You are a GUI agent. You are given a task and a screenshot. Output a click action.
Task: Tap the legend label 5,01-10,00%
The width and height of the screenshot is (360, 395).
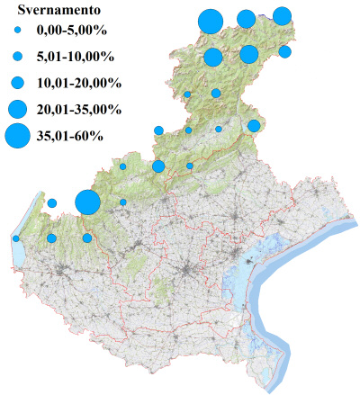(75, 58)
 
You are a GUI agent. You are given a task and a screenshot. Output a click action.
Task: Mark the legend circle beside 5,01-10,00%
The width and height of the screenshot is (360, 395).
(17, 58)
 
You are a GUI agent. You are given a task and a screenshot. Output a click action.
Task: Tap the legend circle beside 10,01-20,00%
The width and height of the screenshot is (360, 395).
(17, 83)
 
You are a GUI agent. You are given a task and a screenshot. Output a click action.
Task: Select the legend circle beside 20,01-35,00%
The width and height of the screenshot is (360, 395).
(17, 109)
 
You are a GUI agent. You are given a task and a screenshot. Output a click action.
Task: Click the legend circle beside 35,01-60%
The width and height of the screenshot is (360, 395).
(17, 136)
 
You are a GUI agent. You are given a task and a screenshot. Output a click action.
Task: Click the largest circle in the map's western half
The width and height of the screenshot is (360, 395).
(87, 202)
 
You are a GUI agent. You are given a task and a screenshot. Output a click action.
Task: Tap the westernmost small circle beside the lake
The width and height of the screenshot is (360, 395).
(16, 238)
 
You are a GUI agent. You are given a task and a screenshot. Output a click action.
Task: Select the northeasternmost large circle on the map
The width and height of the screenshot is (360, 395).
(282, 15)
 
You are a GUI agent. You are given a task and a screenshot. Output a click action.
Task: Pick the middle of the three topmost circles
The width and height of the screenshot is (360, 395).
(246, 19)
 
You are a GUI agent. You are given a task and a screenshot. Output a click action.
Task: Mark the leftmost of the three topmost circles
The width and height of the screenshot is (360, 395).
(211, 20)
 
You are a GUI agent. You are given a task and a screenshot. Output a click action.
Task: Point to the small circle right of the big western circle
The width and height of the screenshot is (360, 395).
(123, 202)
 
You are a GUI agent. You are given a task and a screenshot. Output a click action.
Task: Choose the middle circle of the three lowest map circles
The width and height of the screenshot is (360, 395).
(51, 238)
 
